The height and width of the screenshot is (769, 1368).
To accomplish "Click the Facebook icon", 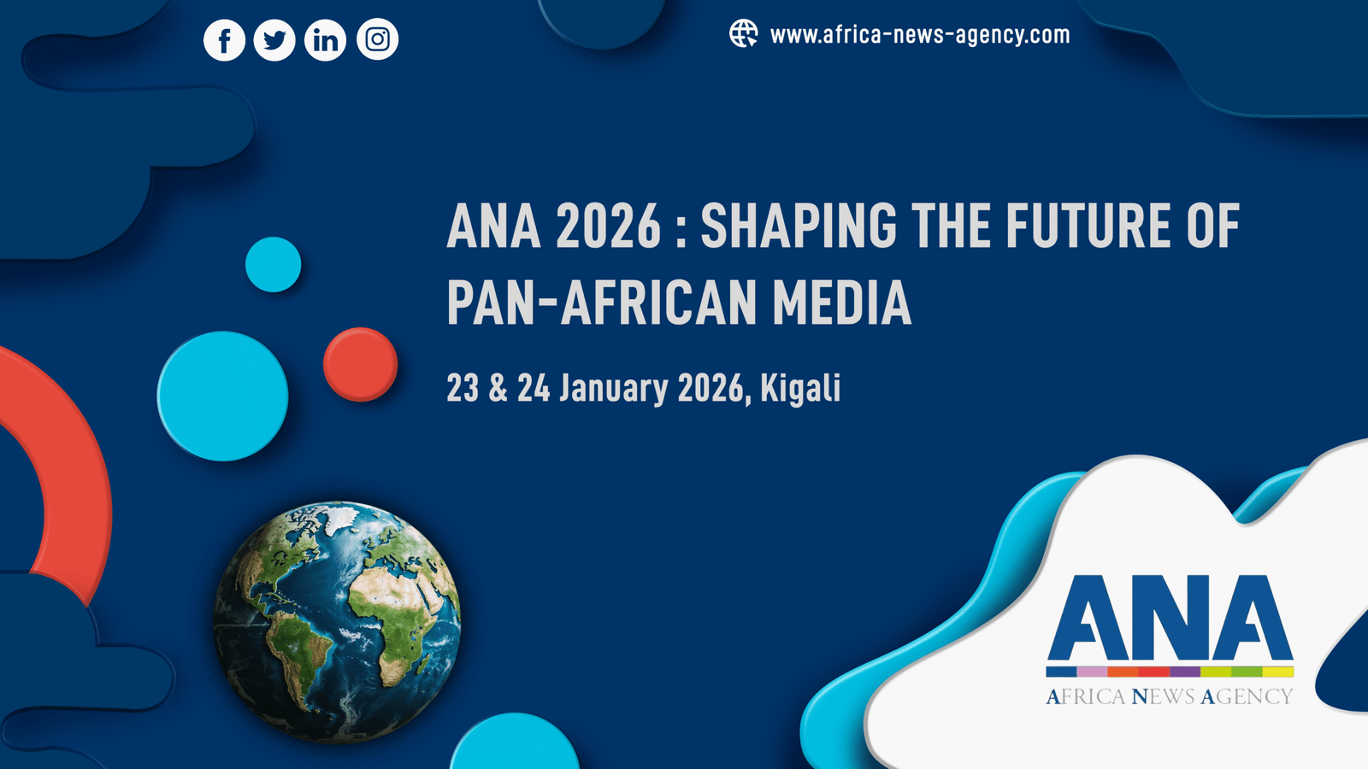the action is (x=224, y=39).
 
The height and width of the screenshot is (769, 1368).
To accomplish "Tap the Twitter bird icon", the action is (x=274, y=39).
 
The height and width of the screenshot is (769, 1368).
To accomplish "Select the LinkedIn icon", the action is (x=325, y=39).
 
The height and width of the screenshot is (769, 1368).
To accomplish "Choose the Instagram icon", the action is (x=377, y=39).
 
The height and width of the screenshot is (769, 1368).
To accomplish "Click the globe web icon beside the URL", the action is (x=743, y=33).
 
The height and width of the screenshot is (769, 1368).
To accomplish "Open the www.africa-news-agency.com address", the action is (x=920, y=35).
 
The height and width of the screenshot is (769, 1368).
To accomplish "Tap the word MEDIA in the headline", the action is (x=842, y=302).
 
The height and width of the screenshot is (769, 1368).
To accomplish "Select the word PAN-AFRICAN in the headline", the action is (x=602, y=302).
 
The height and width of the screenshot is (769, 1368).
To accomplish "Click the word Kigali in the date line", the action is (x=800, y=388).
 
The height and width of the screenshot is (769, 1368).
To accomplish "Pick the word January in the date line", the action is (x=614, y=388).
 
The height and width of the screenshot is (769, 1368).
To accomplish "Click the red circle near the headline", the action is (x=360, y=364).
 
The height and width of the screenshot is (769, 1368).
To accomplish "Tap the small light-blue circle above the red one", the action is (x=273, y=264).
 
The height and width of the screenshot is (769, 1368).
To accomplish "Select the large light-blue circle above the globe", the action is (x=222, y=396).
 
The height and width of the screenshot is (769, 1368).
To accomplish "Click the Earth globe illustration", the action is (x=337, y=622).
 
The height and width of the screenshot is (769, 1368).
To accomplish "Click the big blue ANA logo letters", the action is (x=1170, y=618).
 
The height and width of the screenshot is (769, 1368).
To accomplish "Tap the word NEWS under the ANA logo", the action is (x=1163, y=696).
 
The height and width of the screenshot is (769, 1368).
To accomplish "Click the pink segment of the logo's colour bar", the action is (x=1092, y=672).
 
